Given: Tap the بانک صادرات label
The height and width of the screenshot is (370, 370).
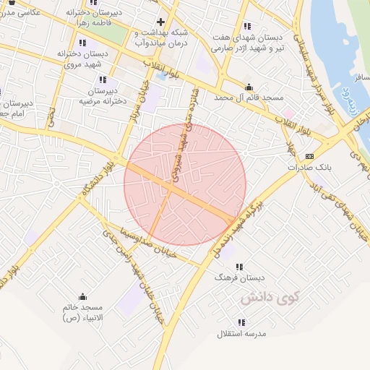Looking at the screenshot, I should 313,167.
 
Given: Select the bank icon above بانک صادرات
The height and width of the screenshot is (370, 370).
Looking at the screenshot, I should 310,155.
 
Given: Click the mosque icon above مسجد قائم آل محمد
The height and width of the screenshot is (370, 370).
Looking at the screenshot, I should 249,85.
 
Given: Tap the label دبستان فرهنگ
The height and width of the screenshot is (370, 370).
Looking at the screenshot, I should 240,277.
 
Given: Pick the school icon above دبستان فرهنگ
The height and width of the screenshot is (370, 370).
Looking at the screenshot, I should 239,267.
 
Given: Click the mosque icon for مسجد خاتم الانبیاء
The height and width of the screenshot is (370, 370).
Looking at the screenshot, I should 82,296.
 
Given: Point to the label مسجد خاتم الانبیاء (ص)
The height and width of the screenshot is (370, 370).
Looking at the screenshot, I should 81,312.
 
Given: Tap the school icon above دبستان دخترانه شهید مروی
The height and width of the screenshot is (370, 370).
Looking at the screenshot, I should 81,43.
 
